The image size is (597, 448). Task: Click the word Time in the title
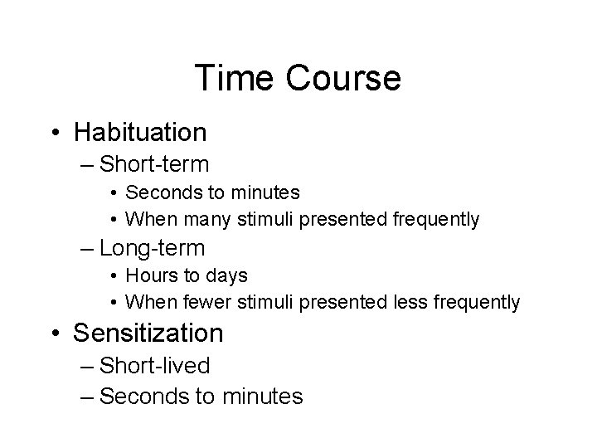(230, 79)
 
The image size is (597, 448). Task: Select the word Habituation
(140, 131)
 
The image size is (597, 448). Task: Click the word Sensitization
(148, 333)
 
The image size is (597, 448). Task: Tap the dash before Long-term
(87, 248)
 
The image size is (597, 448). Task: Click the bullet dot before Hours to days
(113, 275)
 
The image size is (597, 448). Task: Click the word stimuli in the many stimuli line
(263, 220)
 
